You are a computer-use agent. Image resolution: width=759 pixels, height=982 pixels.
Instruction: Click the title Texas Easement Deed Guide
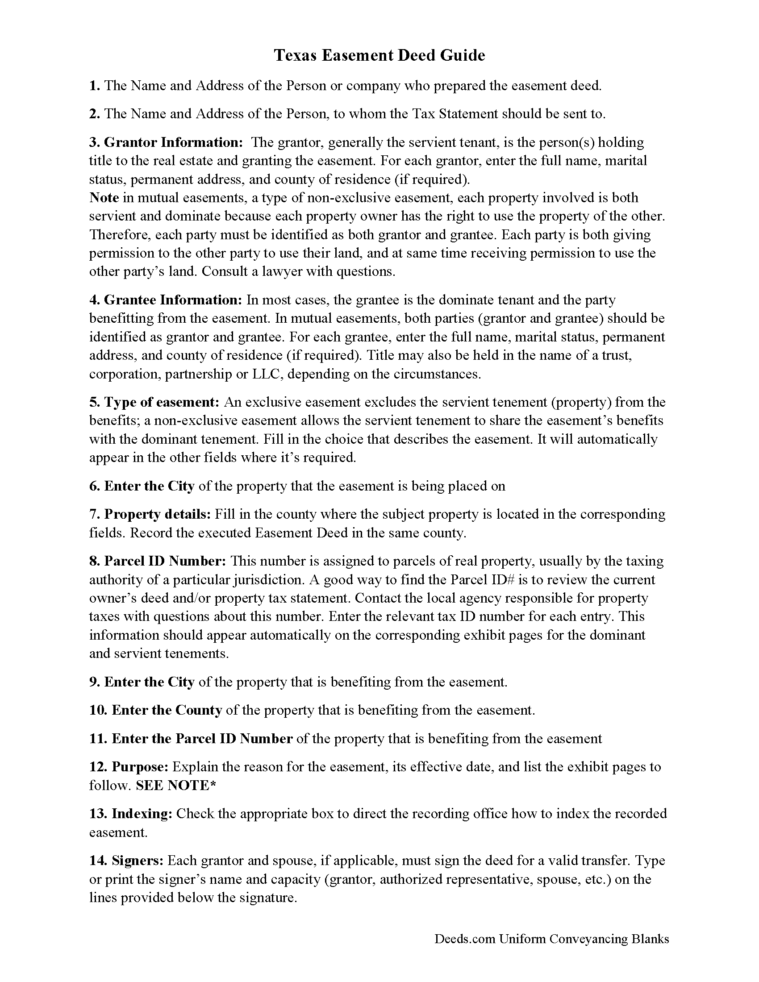pos(379,55)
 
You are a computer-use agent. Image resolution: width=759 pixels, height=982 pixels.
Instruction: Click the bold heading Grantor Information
pos(173,142)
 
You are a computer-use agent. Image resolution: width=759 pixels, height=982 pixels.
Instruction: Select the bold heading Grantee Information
pos(173,300)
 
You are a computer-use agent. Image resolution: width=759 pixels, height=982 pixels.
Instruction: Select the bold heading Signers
pos(138,861)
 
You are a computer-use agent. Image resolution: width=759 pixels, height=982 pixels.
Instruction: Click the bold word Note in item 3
pos(104,198)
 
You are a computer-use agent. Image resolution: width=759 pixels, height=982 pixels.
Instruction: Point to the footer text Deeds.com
pos(464,939)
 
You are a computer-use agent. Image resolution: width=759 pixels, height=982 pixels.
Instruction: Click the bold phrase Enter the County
pos(167,710)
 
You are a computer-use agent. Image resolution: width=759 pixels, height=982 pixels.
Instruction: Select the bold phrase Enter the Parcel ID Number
pos(202,738)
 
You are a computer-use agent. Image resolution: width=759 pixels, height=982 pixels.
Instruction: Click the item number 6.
pos(95,486)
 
